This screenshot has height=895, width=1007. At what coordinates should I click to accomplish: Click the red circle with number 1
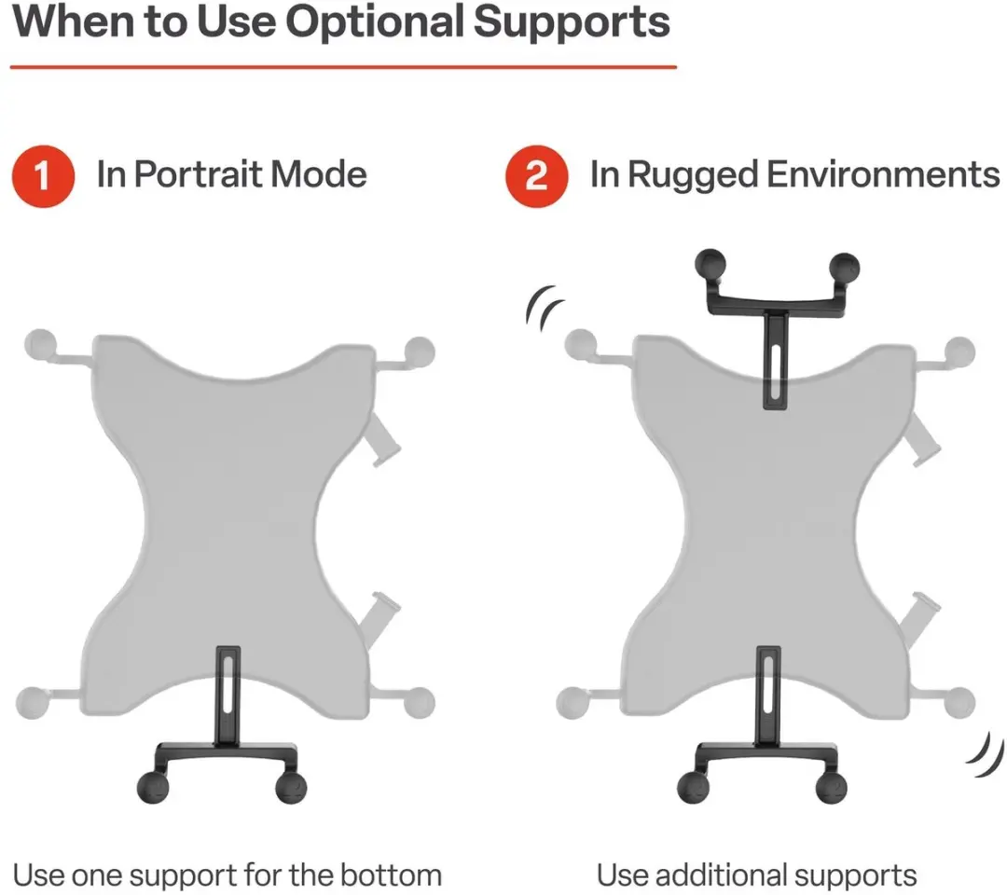(43, 176)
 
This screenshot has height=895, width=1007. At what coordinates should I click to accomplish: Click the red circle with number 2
(536, 176)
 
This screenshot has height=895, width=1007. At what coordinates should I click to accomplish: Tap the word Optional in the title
(375, 23)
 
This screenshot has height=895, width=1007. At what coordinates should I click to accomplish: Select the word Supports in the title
(572, 23)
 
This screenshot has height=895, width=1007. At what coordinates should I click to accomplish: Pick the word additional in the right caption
(721, 875)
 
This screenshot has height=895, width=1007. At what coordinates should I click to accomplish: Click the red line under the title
(343, 66)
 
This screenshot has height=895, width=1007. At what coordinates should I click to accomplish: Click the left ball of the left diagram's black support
(153, 787)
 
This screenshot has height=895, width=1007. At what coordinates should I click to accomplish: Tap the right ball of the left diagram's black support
(291, 787)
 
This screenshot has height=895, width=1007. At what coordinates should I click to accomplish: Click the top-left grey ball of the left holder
(40, 345)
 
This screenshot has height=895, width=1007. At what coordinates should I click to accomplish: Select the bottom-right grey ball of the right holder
(959, 702)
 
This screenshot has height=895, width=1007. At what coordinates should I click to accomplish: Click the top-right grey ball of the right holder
(959, 352)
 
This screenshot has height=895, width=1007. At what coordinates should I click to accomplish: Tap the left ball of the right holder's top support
(710, 265)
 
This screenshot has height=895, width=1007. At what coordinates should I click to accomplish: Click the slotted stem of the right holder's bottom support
(768, 695)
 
